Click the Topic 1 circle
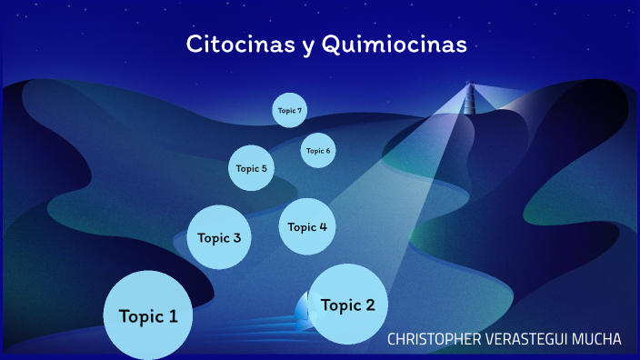click(148, 315)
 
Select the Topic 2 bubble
click(348, 305)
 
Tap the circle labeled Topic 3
click(219, 237)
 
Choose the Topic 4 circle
click(307, 226)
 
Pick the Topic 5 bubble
click(251, 168)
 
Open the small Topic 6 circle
click(318, 150)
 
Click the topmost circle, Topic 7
click(290, 110)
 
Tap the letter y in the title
click(305, 46)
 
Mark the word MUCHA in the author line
click(600, 339)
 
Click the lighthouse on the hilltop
click(470, 97)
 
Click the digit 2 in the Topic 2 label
click(369, 305)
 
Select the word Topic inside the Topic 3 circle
click(213, 238)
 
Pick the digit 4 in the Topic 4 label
click(323, 226)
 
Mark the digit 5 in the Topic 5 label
click(264, 168)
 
